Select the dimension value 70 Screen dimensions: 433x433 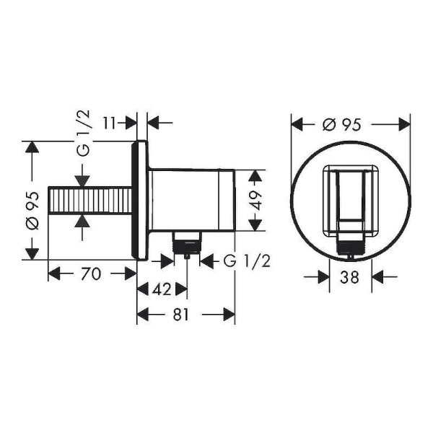(x=91, y=274)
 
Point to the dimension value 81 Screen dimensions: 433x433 (x=185, y=315)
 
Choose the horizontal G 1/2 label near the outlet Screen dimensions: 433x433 (x=246, y=260)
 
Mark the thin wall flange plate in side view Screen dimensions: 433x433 (x=142, y=200)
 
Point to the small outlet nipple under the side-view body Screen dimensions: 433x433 (x=186, y=245)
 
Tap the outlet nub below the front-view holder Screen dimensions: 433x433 (x=350, y=247)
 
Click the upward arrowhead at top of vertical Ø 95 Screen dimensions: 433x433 (x=31, y=146)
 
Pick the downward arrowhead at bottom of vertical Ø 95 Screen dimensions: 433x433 (x=31, y=253)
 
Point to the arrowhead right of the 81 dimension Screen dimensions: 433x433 (x=229, y=315)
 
